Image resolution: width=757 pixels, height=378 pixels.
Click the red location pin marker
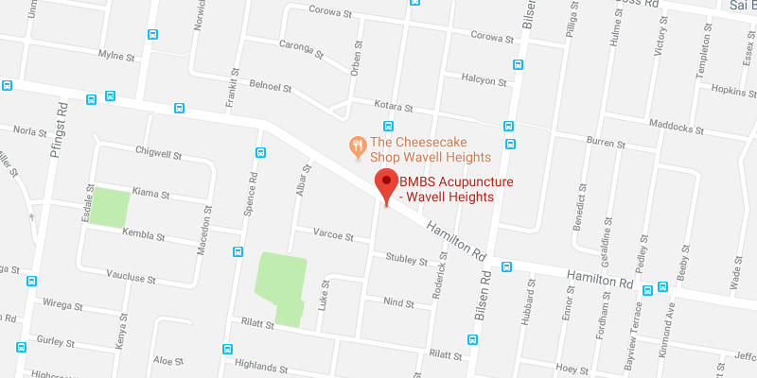(386, 183)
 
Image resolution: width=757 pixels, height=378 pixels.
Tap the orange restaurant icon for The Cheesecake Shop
(358, 146)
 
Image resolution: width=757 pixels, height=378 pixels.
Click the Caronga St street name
(301, 45)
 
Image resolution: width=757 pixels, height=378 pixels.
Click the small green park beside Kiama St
(110, 208)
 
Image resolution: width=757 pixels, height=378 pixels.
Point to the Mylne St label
(117, 55)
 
